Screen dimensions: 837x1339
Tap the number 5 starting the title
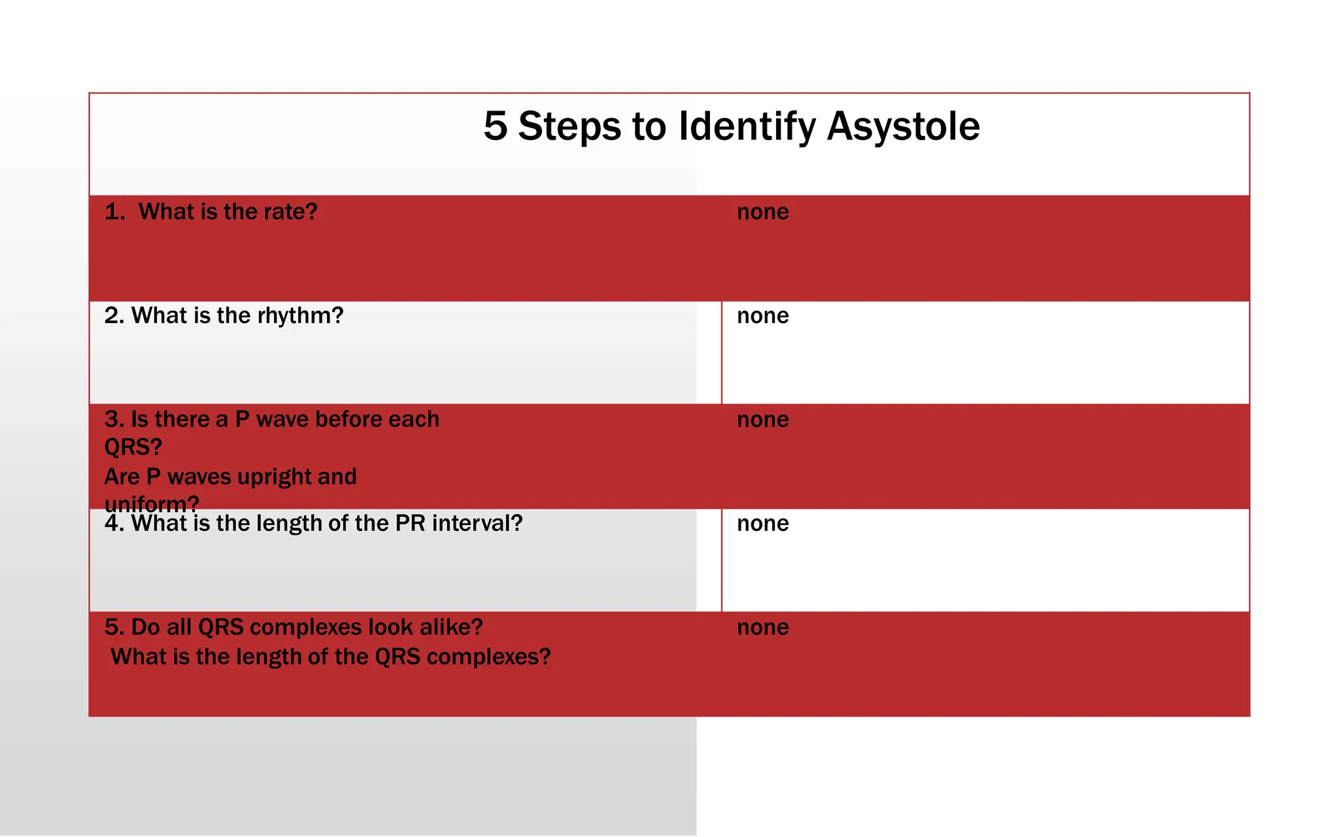click(x=496, y=126)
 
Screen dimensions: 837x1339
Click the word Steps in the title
click(x=569, y=126)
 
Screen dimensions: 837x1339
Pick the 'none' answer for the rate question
click(x=762, y=212)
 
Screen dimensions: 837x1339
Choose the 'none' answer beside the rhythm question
click(x=762, y=316)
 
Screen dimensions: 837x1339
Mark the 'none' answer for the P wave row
click(x=762, y=419)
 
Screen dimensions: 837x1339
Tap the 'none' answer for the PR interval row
click(x=762, y=523)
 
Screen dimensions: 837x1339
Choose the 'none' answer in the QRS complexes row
click(x=762, y=627)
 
